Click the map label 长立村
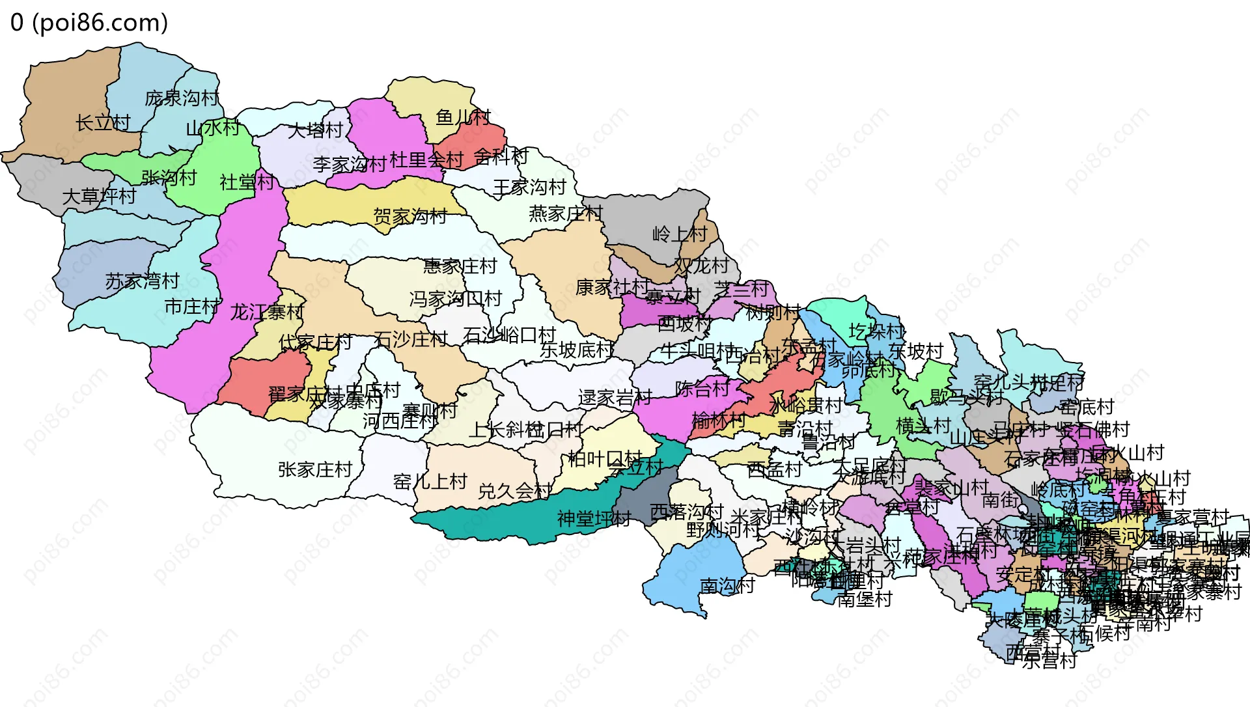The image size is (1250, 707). (x=103, y=122)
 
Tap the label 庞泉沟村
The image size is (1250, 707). (x=182, y=98)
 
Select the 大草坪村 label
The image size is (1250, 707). (x=99, y=196)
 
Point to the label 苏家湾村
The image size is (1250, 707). (x=142, y=281)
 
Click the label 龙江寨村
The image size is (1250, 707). (x=267, y=312)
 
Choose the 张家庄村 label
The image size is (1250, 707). (x=315, y=469)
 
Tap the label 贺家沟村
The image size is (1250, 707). (x=410, y=216)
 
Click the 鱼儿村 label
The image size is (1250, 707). (x=464, y=117)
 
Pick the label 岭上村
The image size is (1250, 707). (x=680, y=234)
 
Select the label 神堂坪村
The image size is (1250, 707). (x=594, y=519)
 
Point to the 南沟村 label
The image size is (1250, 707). (x=727, y=586)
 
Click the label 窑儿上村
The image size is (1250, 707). (x=430, y=482)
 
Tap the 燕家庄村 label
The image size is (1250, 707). (x=566, y=214)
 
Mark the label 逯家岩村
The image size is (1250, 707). (x=615, y=398)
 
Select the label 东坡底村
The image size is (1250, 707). (x=577, y=350)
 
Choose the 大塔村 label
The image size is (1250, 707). (x=315, y=130)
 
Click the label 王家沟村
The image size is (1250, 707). (x=530, y=187)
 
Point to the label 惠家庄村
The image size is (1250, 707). (x=460, y=266)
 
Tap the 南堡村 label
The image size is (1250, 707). (x=865, y=599)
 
